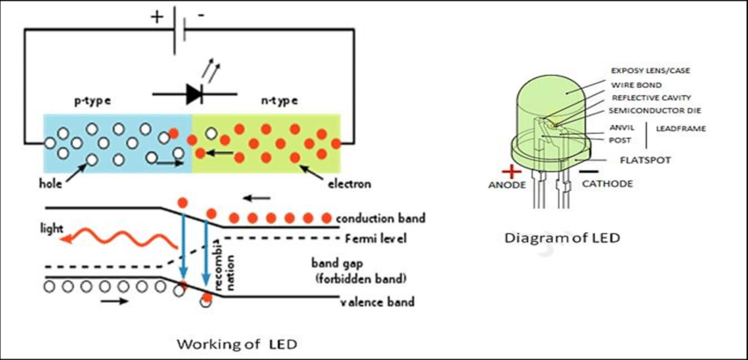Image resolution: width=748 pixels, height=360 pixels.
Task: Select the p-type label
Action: click(x=92, y=99)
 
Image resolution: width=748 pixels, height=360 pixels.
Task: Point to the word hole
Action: click(x=51, y=184)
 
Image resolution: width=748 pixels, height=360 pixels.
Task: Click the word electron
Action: click(x=348, y=184)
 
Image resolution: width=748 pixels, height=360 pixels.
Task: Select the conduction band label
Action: click(x=383, y=217)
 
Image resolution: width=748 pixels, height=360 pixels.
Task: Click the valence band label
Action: click(x=377, y=303)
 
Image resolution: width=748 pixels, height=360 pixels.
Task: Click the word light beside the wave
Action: click(x=52, y=228)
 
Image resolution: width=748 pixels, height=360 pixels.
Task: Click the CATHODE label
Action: click(x=611, y=185)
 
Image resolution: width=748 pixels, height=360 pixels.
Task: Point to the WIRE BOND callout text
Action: click(x=636, y=84)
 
